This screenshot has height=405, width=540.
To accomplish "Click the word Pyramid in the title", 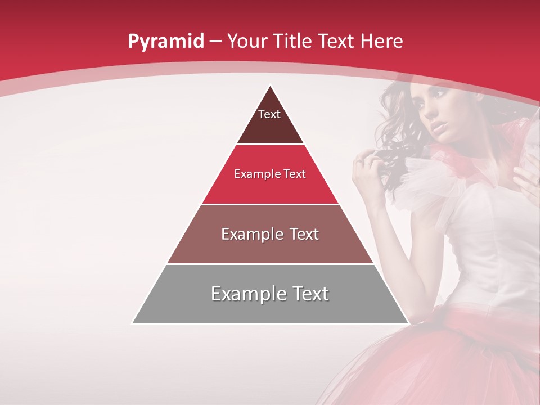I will pyautogui.click(x=165, y=42).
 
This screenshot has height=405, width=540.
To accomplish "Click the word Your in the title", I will pyautogui.click(x=248, y=41).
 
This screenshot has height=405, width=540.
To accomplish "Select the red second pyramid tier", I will pyautogui.click(x=270, y=188).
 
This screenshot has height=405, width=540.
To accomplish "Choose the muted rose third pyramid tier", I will pyautogui.click(x=270, y=247).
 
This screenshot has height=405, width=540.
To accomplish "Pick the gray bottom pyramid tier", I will pyautogui.click(x=270, y=309).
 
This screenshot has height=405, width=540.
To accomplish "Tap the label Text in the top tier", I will pyautogui.click(x=269, y=114).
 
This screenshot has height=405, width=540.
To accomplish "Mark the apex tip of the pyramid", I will pyautogui.click(x=271, y=86).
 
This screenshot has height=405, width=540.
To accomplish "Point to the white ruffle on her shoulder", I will pyautogui.click(x=422, y=180).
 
